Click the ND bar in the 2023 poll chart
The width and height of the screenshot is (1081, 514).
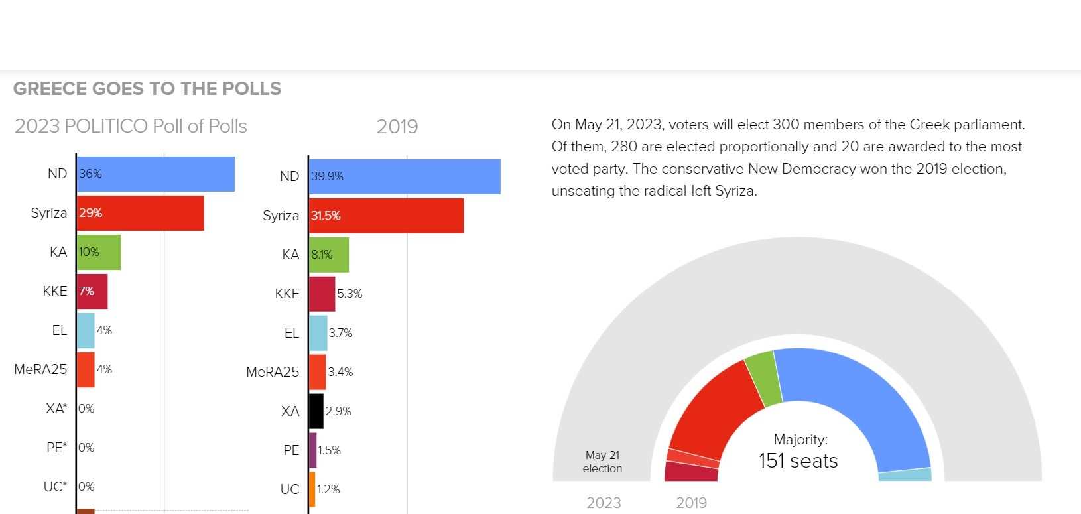(x=156, y=174)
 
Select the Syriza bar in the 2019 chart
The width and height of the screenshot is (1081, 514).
(x=386, y=216)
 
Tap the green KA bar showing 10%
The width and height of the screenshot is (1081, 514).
(x=99, y=252)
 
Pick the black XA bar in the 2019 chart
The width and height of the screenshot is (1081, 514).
(x=316, y=411)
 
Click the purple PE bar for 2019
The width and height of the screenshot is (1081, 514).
(x=313, y=450)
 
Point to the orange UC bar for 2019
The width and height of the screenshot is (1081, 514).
(x=312, y=489)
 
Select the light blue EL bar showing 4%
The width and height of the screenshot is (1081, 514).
(x=86, y=330)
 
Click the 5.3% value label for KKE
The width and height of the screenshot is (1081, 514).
(x=350, y=294)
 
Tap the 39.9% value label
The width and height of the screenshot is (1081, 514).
(x=328, y=176)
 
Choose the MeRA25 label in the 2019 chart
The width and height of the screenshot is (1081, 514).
(x=273, y=372)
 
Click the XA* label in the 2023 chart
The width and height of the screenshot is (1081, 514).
(x=56, y=409)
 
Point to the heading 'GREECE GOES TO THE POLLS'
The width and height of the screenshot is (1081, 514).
(x=147, y=89)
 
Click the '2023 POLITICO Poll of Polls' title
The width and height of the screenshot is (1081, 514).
(x=131, y=126)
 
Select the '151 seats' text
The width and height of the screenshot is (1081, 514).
(x=798, y=461)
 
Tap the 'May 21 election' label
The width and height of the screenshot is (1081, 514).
(x=602, y=462)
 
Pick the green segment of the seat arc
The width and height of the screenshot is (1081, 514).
(x=763, y=378)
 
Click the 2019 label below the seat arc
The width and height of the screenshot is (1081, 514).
(x=691, y=503)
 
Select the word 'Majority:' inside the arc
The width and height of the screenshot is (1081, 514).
(x=800, y=439)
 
